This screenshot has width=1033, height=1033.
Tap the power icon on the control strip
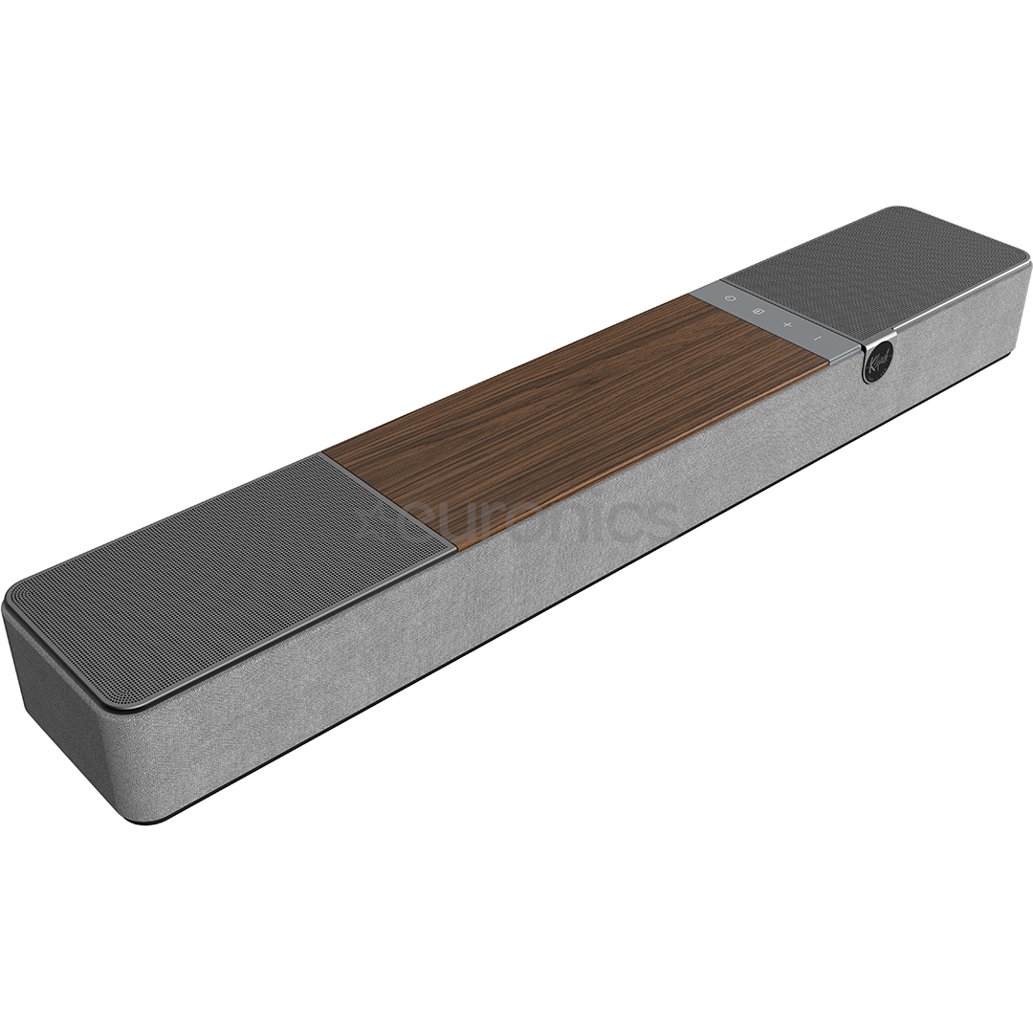pos(731,298)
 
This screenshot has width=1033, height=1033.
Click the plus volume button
pos(787,325)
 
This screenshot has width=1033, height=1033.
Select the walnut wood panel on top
pos(574,411)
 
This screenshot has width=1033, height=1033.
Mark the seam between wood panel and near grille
pos(387,502)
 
